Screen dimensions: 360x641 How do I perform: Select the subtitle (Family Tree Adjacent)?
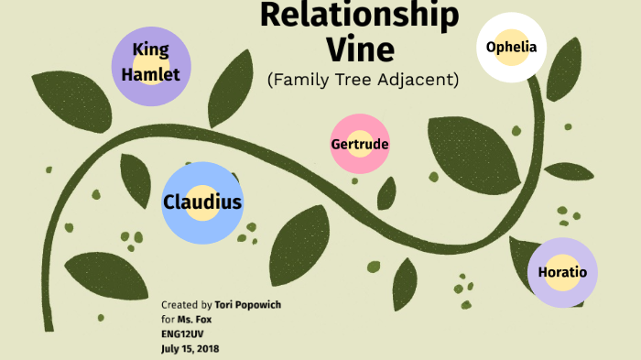[363, 80]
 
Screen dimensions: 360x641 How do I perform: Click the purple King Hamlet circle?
[150, 64]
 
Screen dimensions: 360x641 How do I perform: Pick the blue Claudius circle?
[202, 202]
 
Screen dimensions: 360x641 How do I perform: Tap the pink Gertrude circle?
[360, 144]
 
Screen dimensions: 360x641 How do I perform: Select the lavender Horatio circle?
[562, 272]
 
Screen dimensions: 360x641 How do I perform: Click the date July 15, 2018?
[190, 348]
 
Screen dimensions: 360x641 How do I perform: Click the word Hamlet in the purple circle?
[150, 75]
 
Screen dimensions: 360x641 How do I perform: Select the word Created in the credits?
[179, 304]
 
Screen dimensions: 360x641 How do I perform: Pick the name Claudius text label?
[202, 202]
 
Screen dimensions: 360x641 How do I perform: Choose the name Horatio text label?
[562, 272]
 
